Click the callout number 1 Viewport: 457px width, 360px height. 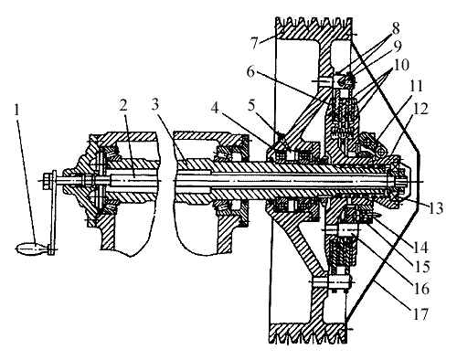click(x=17, y=111)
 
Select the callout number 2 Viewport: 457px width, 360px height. click(x=123, y=106)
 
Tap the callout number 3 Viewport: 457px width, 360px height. click(x=155, y=105)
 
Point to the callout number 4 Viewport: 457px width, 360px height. click(x=215, y=108)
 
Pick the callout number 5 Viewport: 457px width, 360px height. click(x=251, y=106)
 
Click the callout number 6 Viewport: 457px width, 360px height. click(x=250, y=72)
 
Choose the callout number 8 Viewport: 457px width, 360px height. click(x=396, y=30)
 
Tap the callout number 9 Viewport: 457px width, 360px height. click(x=398, y=46)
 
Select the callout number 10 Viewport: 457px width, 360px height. click(x=400, y=65)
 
